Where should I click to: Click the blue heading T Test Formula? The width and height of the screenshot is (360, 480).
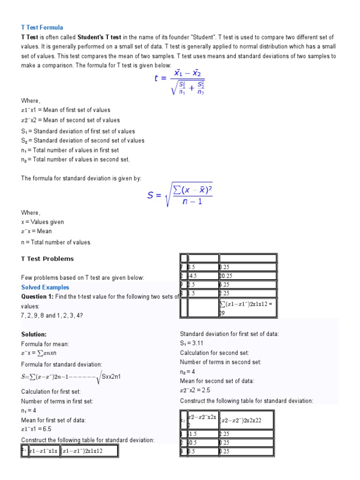pyautogui.click(x=42, y=28)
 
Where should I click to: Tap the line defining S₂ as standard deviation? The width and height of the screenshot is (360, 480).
pyautogui.click(x=82, y=141)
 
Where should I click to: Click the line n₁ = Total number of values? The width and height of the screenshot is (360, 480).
pyautogui.click(x=70, y=150)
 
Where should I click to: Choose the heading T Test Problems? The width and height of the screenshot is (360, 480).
pyautogui.click(x=47, y=259)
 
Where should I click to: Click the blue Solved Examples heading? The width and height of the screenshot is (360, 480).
pyautogui.click(x=45, y=287)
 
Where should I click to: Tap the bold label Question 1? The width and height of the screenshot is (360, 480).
pyautogui.click(x=37, y=297)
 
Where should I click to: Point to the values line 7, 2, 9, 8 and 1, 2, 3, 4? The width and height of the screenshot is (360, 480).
pyautogui.click(x=52, y=315)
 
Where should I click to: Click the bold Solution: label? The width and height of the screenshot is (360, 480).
pyautogui.click(x=34, y=335)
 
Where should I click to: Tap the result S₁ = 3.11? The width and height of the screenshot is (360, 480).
pyautogui.click(x=192, y=343)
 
